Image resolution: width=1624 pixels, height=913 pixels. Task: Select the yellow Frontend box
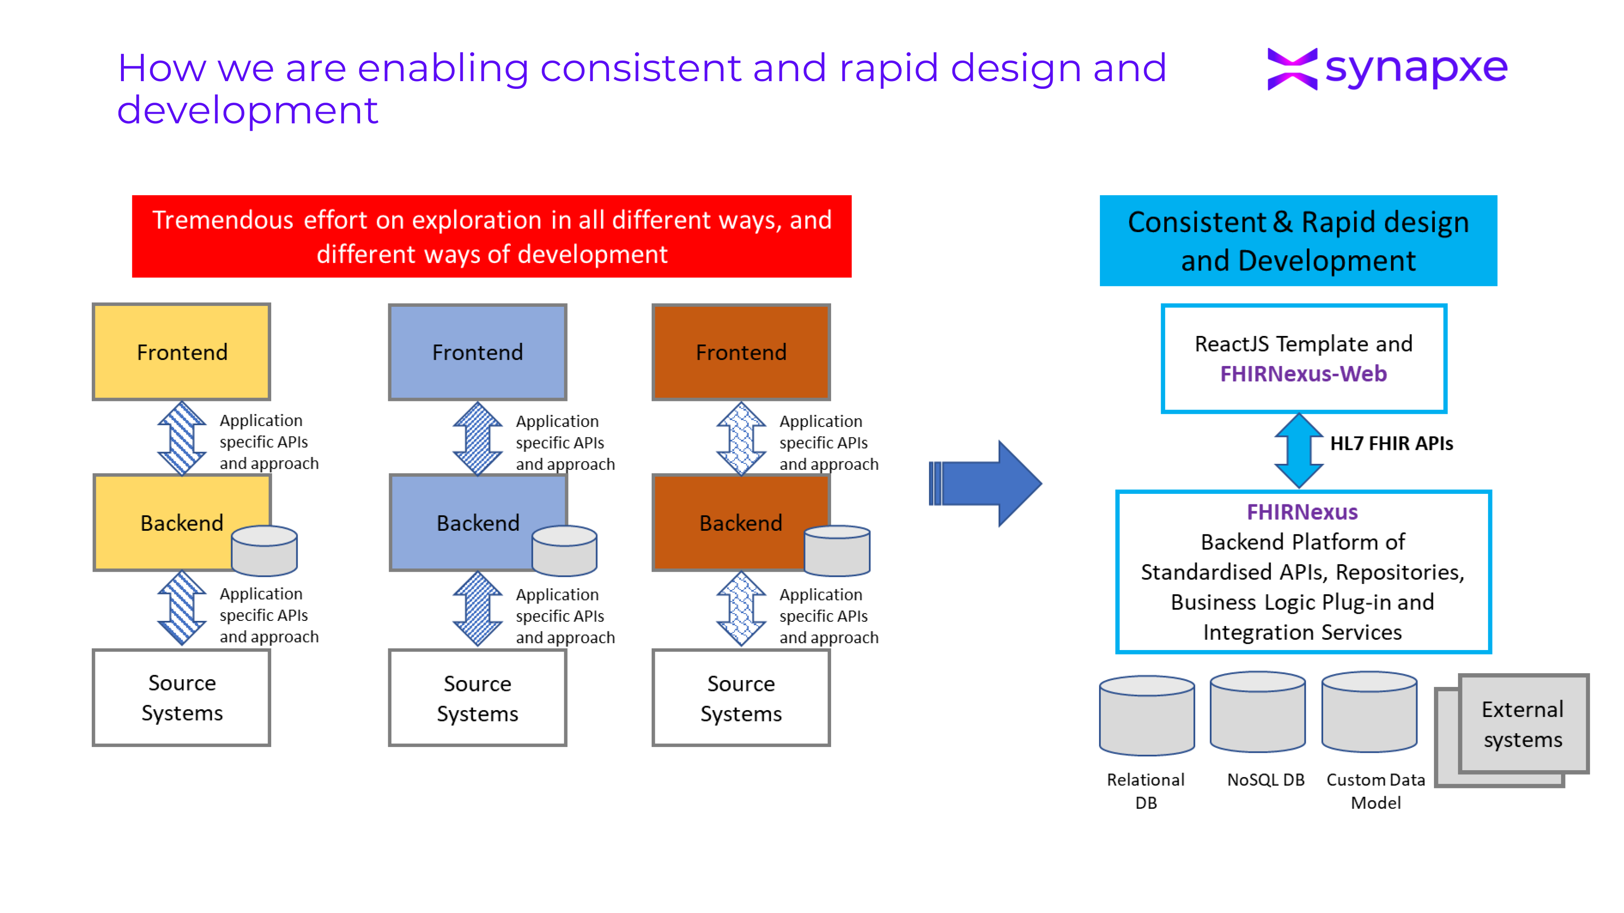coord(181,351)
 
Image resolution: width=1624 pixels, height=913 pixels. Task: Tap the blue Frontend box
coord(477,351)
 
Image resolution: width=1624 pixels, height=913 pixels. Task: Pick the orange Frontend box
coord(741,351)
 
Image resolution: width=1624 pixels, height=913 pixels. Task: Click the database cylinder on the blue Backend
coord(564,552)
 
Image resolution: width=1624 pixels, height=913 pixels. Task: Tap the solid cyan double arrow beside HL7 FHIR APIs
coord(1299,450)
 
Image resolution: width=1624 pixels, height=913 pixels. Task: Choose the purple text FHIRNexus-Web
coord(1303,374)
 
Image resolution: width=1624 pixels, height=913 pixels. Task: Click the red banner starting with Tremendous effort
coord(491,236)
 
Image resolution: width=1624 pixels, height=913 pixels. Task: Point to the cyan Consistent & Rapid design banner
coord(1298,241)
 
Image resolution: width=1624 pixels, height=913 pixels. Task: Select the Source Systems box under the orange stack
coord(741,698)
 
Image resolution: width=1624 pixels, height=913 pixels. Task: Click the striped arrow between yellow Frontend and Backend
coord(181,438)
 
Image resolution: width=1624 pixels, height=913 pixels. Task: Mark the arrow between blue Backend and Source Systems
coord(477,609)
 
